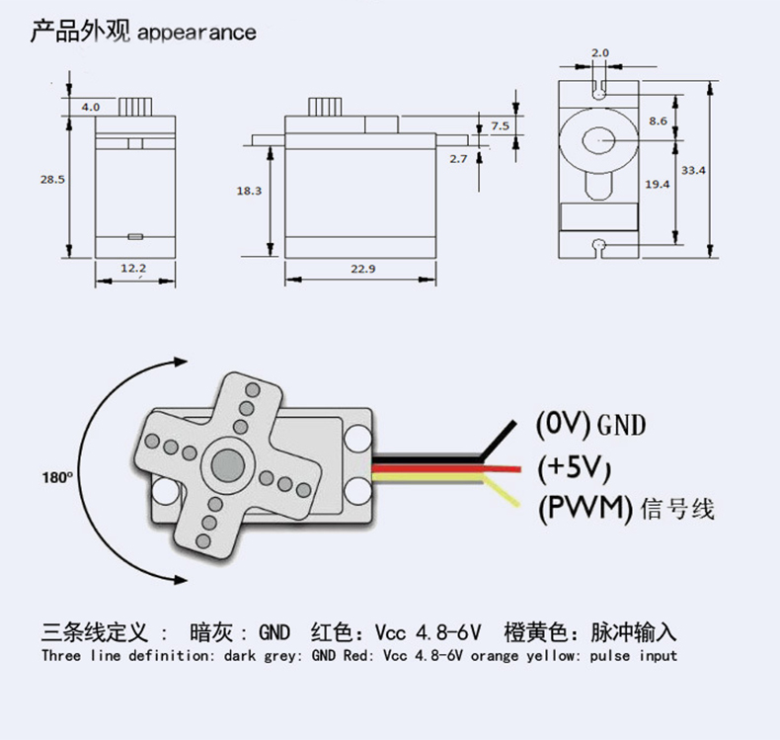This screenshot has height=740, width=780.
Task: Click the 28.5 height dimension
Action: coord(52,180)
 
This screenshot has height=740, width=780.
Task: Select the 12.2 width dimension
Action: coord(133,268)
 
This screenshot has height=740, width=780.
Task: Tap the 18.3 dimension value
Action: coord(249,191)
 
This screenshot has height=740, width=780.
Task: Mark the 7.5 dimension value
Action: coord(501,125)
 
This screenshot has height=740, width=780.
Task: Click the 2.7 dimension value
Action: coord(458,158)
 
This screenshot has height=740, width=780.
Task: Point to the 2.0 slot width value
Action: coord(600,52)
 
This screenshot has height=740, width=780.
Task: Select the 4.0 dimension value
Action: coord(90,106)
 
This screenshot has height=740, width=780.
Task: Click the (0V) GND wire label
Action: coord(590,425)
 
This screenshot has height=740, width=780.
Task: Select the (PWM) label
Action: coord(585,509)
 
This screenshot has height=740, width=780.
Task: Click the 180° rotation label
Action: coord(58,476)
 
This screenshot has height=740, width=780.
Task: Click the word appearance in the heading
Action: coord(196,33)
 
